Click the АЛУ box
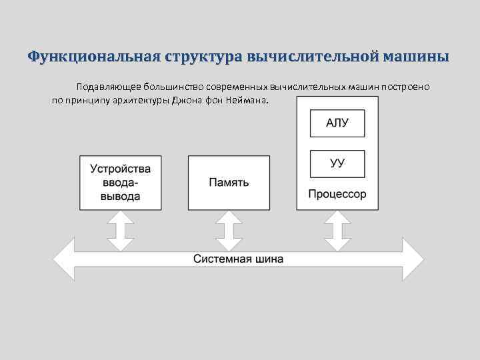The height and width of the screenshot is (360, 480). [x=337, y=123]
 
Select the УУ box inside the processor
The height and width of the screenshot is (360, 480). [x=337, y=163]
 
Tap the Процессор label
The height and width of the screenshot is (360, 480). [x=337, y=195]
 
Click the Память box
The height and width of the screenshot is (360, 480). [x=229, y=182]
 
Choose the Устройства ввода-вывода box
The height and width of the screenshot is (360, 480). [x=121, y=182]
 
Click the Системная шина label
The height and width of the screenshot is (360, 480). [x=239, y=259]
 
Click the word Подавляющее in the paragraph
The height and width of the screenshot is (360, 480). [x=104, y=87]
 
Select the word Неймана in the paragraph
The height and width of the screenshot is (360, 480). [x=249, y=101]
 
